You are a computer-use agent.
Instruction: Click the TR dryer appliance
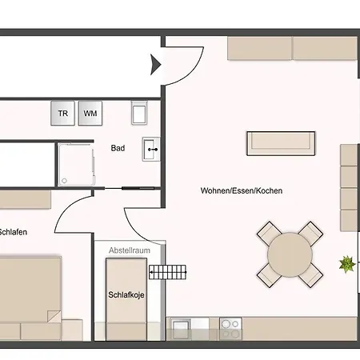(x=62, y=113)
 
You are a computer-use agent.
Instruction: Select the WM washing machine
(x=90, y=113)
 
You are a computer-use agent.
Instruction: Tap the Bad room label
(x=118, y=148)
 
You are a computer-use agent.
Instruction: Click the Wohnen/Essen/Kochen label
(x=242, y=190)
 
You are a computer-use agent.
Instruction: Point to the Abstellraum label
(x=130, y=250)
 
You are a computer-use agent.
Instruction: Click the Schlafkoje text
(x=126, y=294)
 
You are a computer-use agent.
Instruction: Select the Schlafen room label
(x=14, y=232)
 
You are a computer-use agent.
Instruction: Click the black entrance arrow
(x=155, y=65)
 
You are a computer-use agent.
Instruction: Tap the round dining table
(x=290, y=254)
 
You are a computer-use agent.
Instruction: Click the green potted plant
(x=347, y=264)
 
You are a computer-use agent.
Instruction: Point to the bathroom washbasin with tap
(x=151, y=150)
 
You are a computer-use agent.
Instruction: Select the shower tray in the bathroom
(x=76, y=165)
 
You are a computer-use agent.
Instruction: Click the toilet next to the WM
(x=139, y=113)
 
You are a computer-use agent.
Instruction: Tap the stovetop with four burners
(x=230, y=329)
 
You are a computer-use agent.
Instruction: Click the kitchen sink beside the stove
(x=181, y=329)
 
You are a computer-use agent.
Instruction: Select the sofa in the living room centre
(x=281, y=143)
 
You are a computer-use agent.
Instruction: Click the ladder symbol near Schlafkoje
(x=167, y=272)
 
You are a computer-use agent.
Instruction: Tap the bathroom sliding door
(x=130, y=188)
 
